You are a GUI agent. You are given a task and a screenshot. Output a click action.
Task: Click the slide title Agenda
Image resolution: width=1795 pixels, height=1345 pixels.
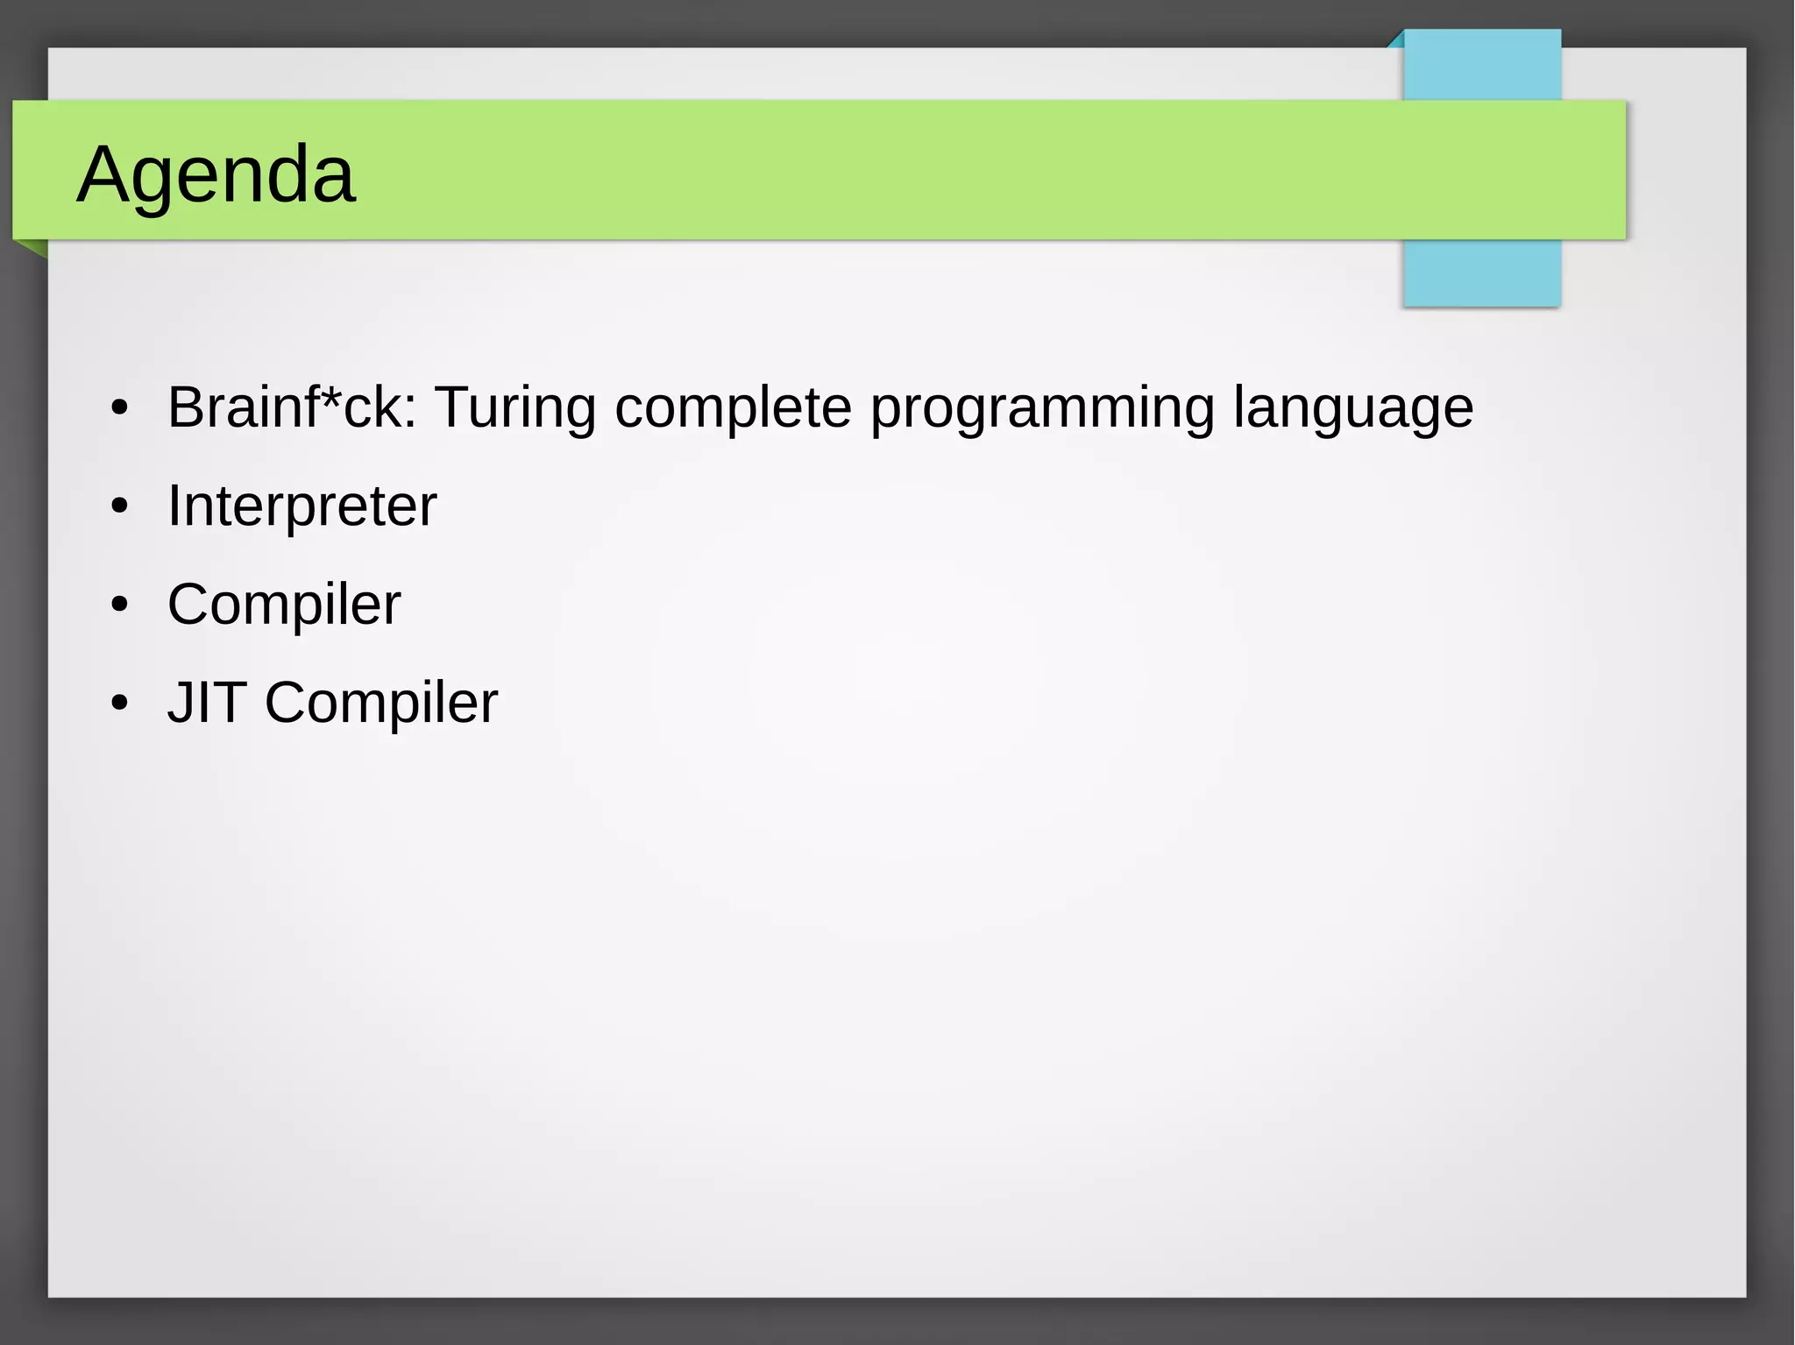point(216,174)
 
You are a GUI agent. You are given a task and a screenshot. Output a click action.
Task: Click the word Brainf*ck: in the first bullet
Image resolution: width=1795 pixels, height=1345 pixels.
point(292,407)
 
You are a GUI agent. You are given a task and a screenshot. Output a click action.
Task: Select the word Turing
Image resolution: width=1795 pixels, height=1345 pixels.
point(515,407)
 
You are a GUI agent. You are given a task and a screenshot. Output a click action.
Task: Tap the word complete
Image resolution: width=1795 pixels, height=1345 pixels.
point(733,407)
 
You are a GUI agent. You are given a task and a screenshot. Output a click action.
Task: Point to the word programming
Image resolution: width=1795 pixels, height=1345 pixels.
point(1042,407)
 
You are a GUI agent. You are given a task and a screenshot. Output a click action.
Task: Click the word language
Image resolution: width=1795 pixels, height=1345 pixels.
point(1353,407)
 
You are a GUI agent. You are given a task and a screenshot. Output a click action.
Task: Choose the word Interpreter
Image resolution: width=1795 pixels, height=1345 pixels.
point(302,506)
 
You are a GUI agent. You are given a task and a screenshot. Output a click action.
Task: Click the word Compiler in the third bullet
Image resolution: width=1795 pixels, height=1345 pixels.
point(284,605)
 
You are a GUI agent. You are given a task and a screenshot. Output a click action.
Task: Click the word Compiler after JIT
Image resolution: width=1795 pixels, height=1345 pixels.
point(381,703)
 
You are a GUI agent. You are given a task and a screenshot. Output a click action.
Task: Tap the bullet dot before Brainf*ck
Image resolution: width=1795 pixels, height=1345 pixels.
point(120,408)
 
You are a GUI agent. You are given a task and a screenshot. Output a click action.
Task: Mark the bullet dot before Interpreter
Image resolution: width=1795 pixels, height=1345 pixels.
point(120,506)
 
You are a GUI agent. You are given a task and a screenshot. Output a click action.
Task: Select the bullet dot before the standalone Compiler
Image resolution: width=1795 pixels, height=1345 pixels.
point(120,605)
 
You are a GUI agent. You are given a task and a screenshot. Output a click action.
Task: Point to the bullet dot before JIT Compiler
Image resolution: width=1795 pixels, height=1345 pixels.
point(120,703)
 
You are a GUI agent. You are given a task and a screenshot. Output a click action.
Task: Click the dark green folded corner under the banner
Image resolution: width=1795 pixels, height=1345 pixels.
point(35,248)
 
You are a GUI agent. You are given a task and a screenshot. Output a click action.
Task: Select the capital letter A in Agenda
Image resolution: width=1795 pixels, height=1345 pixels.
point(104,174)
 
